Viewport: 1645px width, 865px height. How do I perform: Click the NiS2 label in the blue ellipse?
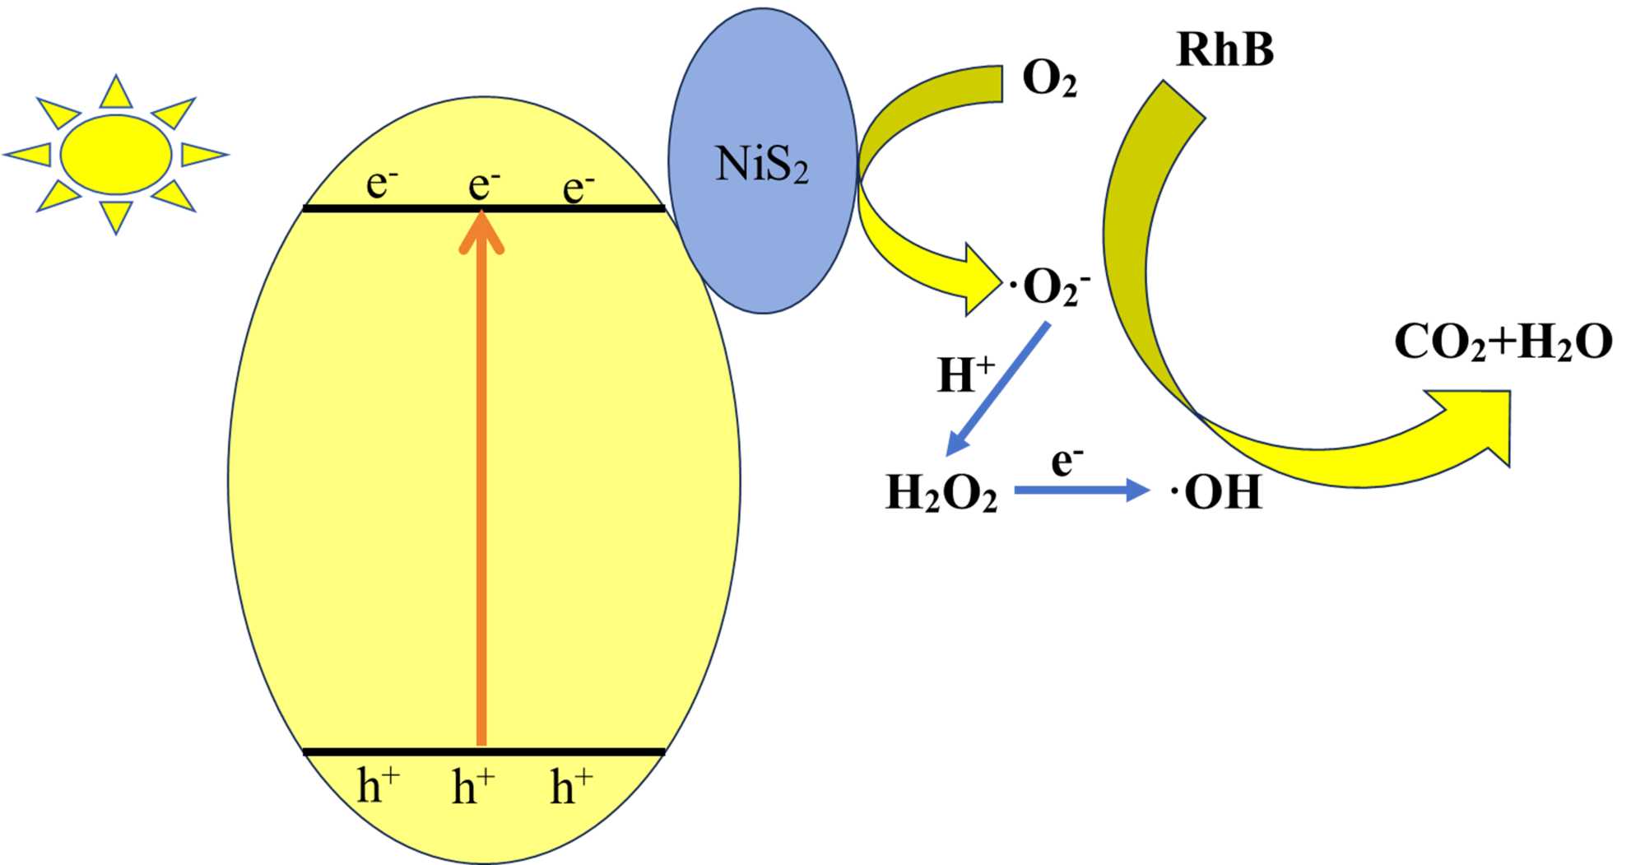(x=761, y=164)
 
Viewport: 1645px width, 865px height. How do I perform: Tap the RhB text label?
(x=1224, y=49)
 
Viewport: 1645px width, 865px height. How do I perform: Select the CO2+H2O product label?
(x=1503, y=342)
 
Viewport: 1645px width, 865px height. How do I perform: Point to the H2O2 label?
(x=941, y=493)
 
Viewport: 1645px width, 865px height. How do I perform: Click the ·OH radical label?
(x=1216, y=492)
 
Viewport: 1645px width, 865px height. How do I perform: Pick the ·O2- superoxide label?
(x=1050, y=288)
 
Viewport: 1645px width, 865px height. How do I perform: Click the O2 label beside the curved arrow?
(x=1048, y=80)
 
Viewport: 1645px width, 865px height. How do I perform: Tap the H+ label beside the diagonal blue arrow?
(x=964, y=374)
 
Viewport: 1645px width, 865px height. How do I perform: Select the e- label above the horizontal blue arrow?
(x=1066, y=461)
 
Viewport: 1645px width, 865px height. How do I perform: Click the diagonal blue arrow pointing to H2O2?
(x=997, y=388)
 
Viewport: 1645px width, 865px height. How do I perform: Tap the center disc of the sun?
(x=116, y=154)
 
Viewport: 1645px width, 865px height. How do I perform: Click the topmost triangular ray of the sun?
(x=116, y=92)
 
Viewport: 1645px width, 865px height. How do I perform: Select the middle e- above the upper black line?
(x=484, y=184)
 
